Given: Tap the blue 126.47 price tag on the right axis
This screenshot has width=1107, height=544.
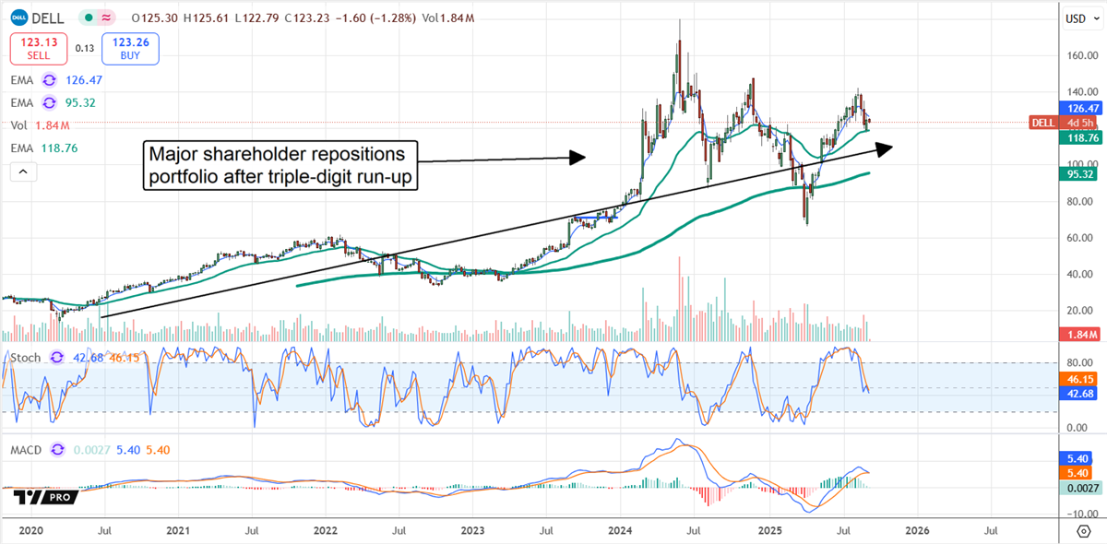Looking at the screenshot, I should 1076,107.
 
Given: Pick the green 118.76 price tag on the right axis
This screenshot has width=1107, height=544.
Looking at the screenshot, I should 1076,137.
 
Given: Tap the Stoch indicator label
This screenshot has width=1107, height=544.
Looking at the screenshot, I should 26,358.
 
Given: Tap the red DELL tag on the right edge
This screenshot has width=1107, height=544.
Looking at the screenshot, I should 1042,122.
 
